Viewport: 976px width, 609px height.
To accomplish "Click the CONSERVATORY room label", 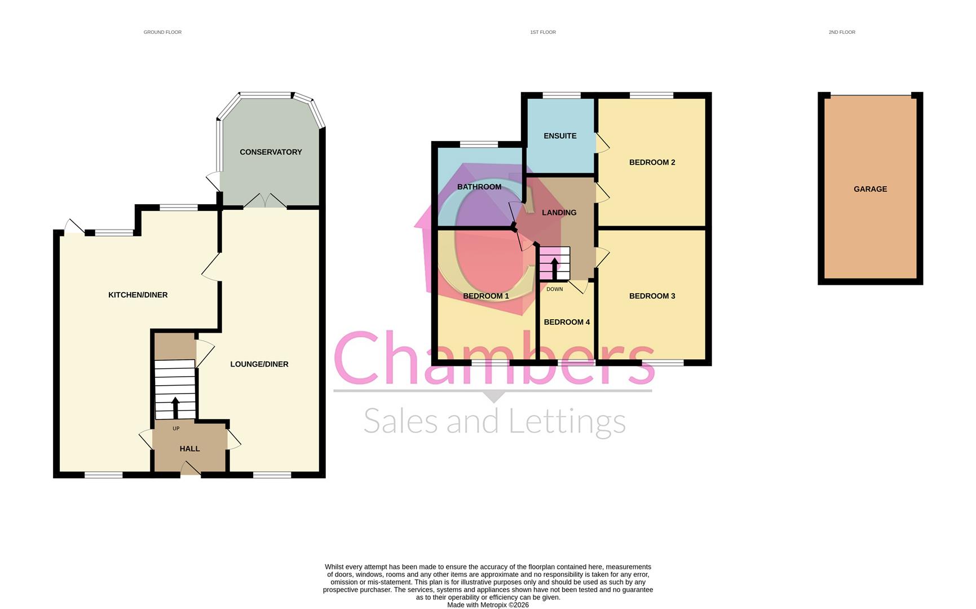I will [271, 152].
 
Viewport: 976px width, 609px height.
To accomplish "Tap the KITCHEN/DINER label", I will [138, 295].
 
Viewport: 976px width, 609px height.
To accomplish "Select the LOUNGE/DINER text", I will [259, 364].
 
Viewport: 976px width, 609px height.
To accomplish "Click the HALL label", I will [189, 449].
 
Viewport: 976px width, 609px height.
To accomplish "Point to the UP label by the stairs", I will [176, 429].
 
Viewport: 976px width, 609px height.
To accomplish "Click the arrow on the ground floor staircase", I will [175, 407].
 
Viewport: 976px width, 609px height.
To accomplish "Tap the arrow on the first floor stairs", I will [555, 268].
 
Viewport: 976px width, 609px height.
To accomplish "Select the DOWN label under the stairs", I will [554, 289].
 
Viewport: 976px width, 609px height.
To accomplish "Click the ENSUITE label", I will [560, 136].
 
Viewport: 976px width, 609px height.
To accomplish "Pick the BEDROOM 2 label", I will [652, 162].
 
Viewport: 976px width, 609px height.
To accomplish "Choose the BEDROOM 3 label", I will [652, 296].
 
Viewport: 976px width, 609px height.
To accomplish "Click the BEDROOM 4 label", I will [567, 322].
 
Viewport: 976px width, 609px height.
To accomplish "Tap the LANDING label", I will [559, 213].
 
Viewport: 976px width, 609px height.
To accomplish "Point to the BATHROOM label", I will [479, 187].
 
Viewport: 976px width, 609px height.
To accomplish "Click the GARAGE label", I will [870, 189].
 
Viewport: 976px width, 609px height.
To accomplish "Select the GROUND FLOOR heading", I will [162, 32].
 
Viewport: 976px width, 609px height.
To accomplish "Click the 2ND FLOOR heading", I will [841, 32].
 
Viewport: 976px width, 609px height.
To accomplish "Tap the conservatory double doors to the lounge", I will [265, 202].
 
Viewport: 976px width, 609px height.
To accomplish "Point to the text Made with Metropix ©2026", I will [488, 605].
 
